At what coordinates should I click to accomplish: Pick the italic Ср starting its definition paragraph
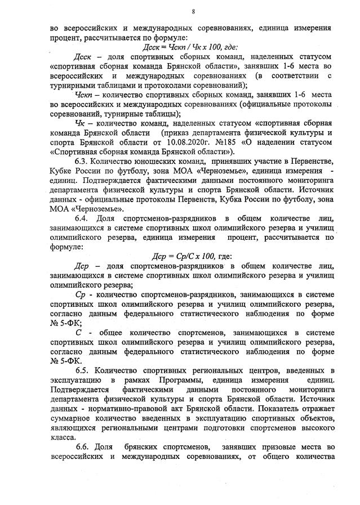[x=81, y=294]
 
